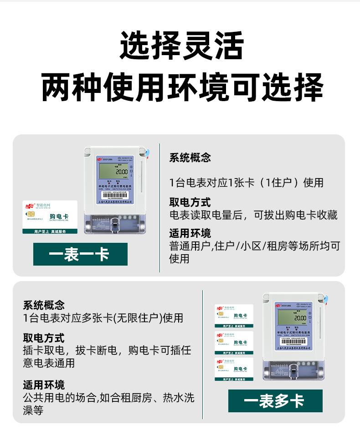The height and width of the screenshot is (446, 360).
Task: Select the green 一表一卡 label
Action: [80, 254]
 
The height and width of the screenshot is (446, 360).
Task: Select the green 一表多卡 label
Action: [275, 401]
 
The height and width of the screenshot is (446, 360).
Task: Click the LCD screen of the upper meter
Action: [113, 172]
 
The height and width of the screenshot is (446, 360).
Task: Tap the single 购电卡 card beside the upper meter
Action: [50, 217]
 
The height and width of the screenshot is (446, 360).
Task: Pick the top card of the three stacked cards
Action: [234, 316]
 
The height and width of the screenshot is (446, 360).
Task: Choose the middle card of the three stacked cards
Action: [234, 343]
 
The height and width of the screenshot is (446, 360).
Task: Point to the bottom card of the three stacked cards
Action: [234, 369]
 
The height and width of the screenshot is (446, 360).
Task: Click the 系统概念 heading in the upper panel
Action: [190, 158]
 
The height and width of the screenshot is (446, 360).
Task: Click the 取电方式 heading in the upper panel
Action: [190, 202]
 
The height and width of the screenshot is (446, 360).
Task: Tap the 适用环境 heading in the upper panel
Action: [190, 234]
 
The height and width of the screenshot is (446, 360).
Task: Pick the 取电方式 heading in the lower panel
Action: [44, 338]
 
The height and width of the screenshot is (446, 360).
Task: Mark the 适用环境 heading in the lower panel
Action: [44, 385]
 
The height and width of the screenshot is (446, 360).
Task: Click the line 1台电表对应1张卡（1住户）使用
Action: [247, 183]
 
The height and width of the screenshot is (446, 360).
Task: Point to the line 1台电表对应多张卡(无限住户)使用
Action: [103, 318]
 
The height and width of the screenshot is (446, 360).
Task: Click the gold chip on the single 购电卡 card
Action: [31, 214]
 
